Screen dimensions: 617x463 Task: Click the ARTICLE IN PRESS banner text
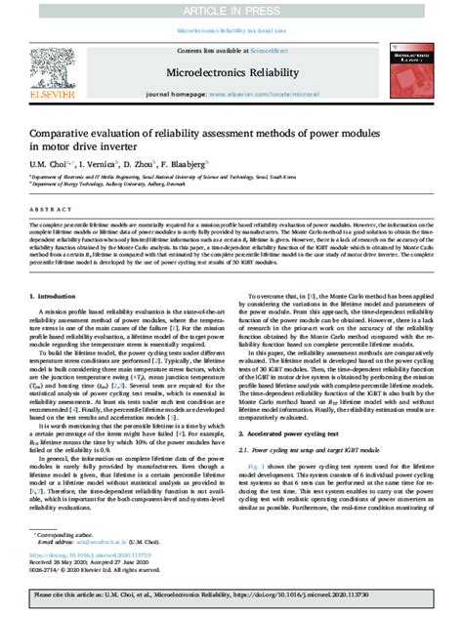231,10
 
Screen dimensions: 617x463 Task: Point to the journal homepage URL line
231,95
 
